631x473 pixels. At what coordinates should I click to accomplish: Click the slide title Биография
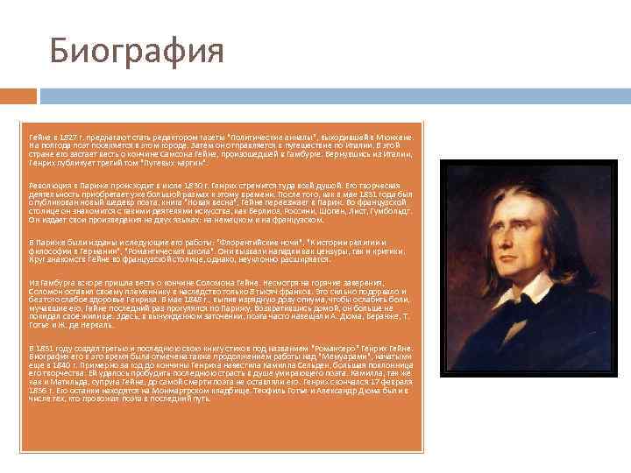(137, 52)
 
